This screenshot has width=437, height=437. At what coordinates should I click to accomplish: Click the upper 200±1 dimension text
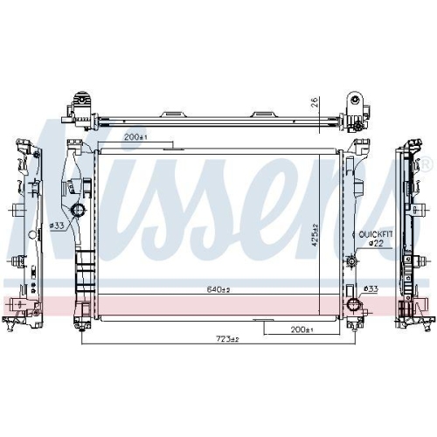[136, 138]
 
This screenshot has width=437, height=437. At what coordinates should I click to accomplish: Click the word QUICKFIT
[373, 234]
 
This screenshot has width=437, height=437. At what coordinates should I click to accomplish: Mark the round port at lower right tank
[354, 304]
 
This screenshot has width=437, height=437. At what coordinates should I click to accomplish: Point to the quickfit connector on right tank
[350, 260]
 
